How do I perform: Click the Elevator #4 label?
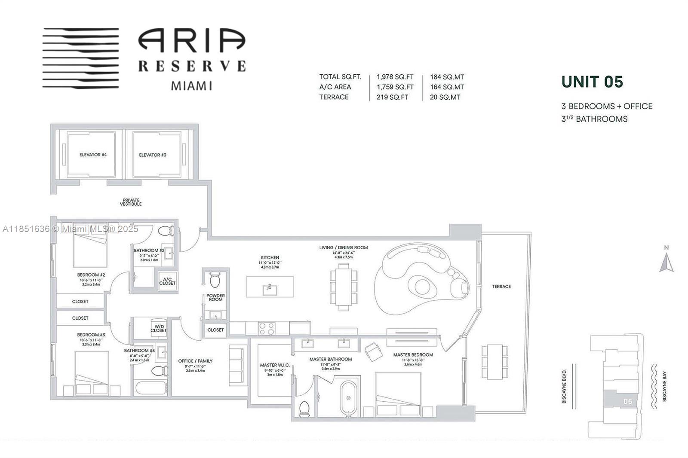click(x=93, y=155)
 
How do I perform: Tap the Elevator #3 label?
click(x=153, y=155)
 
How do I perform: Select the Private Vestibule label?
click(x=131, y=202)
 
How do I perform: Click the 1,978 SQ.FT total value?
click(x=395, y=77)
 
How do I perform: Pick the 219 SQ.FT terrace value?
click(x=392, y=97)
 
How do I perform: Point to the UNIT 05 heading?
click(x=592, y=82)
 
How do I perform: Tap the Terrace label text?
click(x=501, y=287)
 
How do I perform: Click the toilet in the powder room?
click(x=215, y=280)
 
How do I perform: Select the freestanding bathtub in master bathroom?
click(x=348, y=398)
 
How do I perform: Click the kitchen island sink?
click(x=270, y=288)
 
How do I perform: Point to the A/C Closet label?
click(x=167, y=281)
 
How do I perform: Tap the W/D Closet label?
click(x=158, y=328)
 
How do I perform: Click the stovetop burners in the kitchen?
click(x=266, y=328)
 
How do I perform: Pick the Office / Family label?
click(x=195, y=361)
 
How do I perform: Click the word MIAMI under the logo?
click(x=192, y=85)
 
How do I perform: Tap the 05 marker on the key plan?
click(x=627, y=401)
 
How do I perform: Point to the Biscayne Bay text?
click(x=665, y=387)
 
